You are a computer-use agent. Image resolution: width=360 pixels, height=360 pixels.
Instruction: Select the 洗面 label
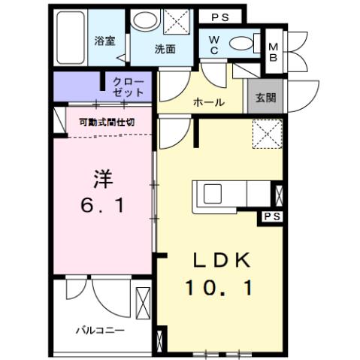click(x=165, y=50)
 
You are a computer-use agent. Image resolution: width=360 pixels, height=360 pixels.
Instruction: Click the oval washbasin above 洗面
click(x=143, y=22)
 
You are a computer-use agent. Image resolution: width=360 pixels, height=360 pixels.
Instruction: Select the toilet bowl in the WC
click(x=241, y=42)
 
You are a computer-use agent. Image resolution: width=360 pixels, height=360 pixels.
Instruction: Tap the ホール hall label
click(x=208, y=102)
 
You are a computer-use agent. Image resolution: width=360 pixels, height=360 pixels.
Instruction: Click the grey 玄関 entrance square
click(x=264, y=96)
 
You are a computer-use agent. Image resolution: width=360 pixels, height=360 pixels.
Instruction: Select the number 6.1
click(x=103, y=204)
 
